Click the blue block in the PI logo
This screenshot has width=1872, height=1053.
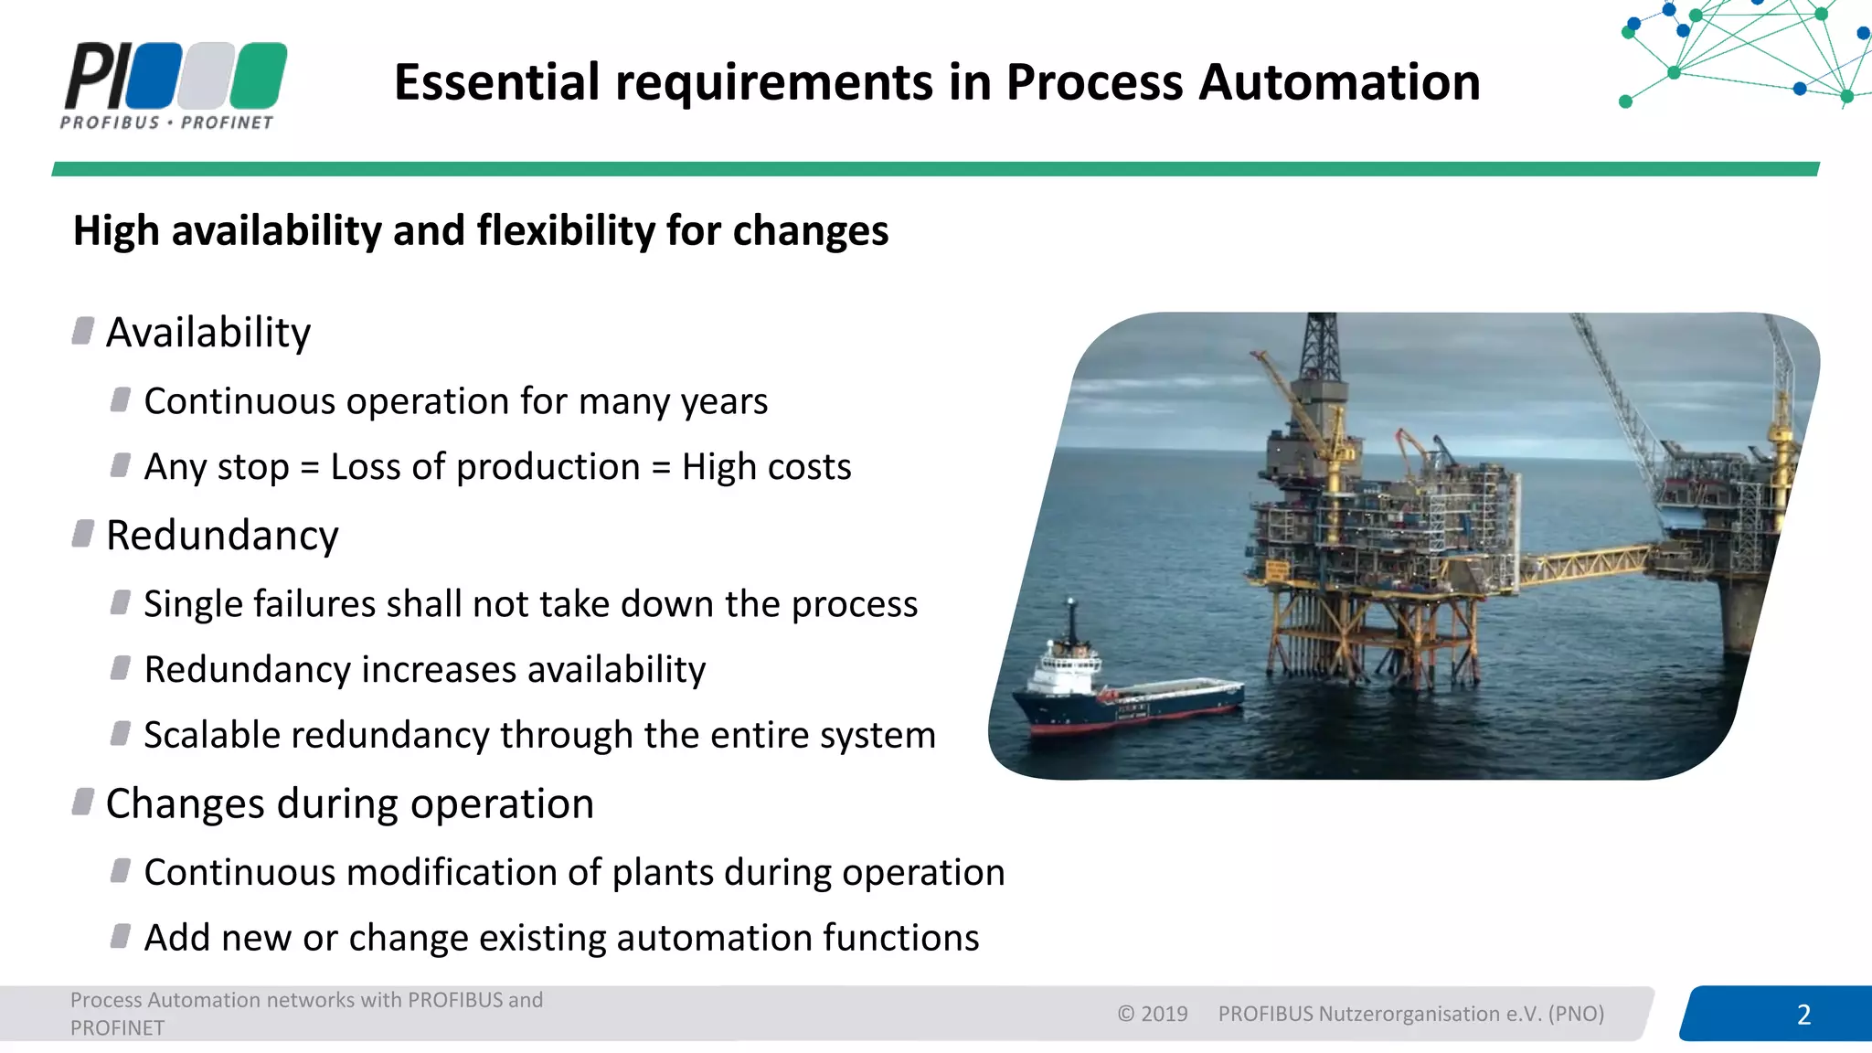point(154,75)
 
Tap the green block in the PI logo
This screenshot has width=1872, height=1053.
point(259,75)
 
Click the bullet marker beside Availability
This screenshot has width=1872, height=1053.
point(83,331)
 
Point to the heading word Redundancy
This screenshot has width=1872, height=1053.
point(222,536)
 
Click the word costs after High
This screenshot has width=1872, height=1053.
point(811,467)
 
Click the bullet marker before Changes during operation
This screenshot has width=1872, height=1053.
point(83,802)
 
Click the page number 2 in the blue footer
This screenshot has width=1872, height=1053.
point(1803,1015)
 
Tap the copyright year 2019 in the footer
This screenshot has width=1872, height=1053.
point(1164,1014)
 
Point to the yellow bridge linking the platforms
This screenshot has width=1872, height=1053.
point(1586,563)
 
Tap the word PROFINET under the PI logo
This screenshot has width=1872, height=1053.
point(227,122)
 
